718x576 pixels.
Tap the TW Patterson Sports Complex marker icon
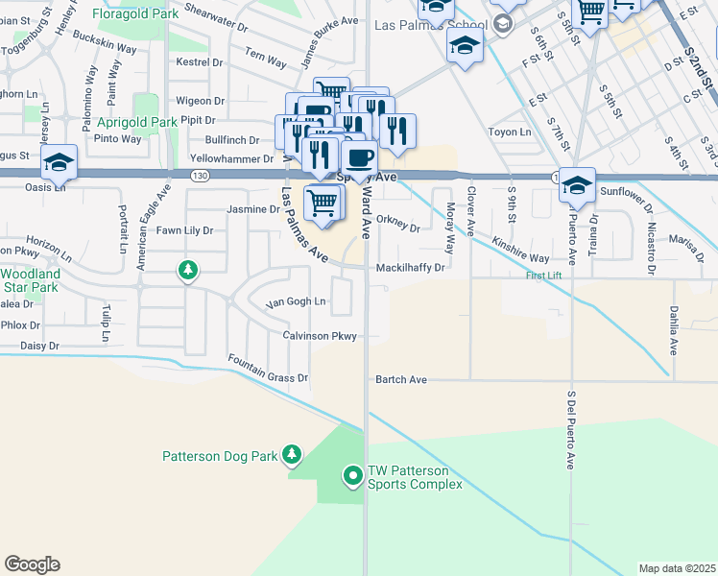tap(353, 474)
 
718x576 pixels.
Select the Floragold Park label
tap(134, 14)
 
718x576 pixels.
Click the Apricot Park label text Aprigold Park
tap(137, 123)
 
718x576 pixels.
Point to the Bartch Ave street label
tap(401, 380)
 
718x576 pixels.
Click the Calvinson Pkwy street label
tap(320, 336)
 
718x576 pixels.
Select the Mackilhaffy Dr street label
tap(411, 268)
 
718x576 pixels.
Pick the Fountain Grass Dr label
tap(268, 370)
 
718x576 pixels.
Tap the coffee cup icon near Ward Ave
tap(359, 157)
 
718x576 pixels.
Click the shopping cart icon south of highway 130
tap(323, 202)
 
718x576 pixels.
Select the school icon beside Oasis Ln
tap(58, 162)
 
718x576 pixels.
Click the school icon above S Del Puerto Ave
tap(577, 184)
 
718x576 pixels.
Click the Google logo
tap(32, 564)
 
